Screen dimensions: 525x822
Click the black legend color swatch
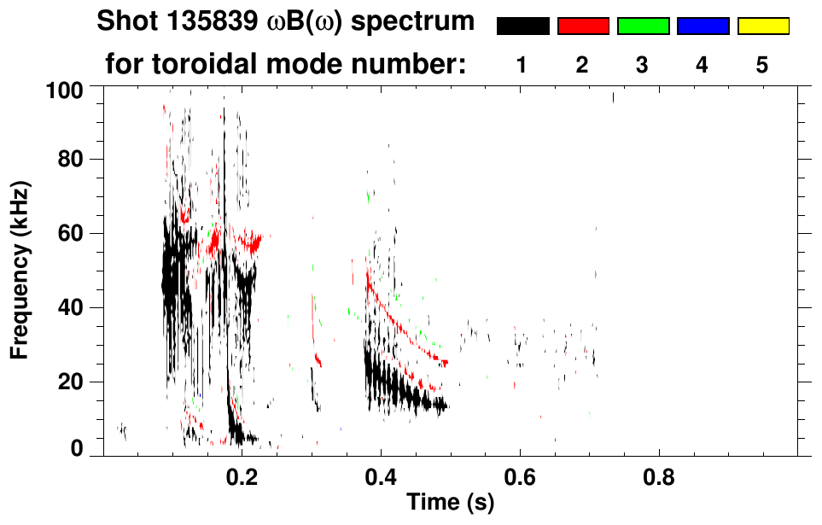523,26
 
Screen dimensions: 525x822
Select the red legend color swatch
583,26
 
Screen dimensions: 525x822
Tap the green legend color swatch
643,26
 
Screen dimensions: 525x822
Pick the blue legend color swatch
702,26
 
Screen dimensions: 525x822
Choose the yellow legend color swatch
762,26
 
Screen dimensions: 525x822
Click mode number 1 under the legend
522,66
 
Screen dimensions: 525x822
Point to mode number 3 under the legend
642,66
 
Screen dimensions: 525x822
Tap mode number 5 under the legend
761,66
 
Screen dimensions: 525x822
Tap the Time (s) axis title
450,504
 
